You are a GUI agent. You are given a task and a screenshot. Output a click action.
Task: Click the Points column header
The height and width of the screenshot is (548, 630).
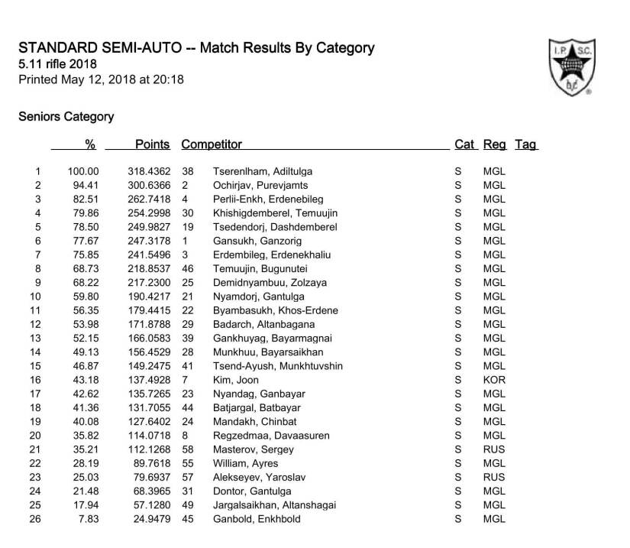152,144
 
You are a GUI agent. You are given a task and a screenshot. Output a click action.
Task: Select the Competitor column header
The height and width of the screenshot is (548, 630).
212,144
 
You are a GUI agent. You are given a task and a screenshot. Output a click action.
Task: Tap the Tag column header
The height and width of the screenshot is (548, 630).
526,144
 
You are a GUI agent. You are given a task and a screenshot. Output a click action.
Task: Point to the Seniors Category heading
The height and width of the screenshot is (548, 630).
66,117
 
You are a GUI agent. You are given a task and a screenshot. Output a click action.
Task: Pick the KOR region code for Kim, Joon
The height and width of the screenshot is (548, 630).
494,380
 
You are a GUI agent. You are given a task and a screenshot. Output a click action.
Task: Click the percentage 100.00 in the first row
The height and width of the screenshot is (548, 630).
83,172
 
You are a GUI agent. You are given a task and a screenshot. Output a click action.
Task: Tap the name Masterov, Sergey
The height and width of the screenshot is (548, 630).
247,449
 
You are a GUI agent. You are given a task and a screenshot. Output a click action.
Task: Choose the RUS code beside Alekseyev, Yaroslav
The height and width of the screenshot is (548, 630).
494,477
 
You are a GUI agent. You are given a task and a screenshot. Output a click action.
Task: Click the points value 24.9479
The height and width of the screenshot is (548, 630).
152,519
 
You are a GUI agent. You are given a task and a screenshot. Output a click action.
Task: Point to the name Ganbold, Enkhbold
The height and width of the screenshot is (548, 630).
257,519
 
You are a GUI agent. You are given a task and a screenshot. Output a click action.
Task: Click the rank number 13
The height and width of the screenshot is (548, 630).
35,339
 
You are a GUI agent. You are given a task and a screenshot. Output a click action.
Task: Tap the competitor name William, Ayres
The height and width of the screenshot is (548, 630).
245,463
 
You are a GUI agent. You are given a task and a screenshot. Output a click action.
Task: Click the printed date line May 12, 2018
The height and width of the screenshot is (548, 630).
101,79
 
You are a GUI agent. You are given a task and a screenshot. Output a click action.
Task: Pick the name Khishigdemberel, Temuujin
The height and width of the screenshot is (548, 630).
275,213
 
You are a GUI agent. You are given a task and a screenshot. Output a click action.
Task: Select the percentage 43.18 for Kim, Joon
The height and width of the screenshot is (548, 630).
86,380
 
